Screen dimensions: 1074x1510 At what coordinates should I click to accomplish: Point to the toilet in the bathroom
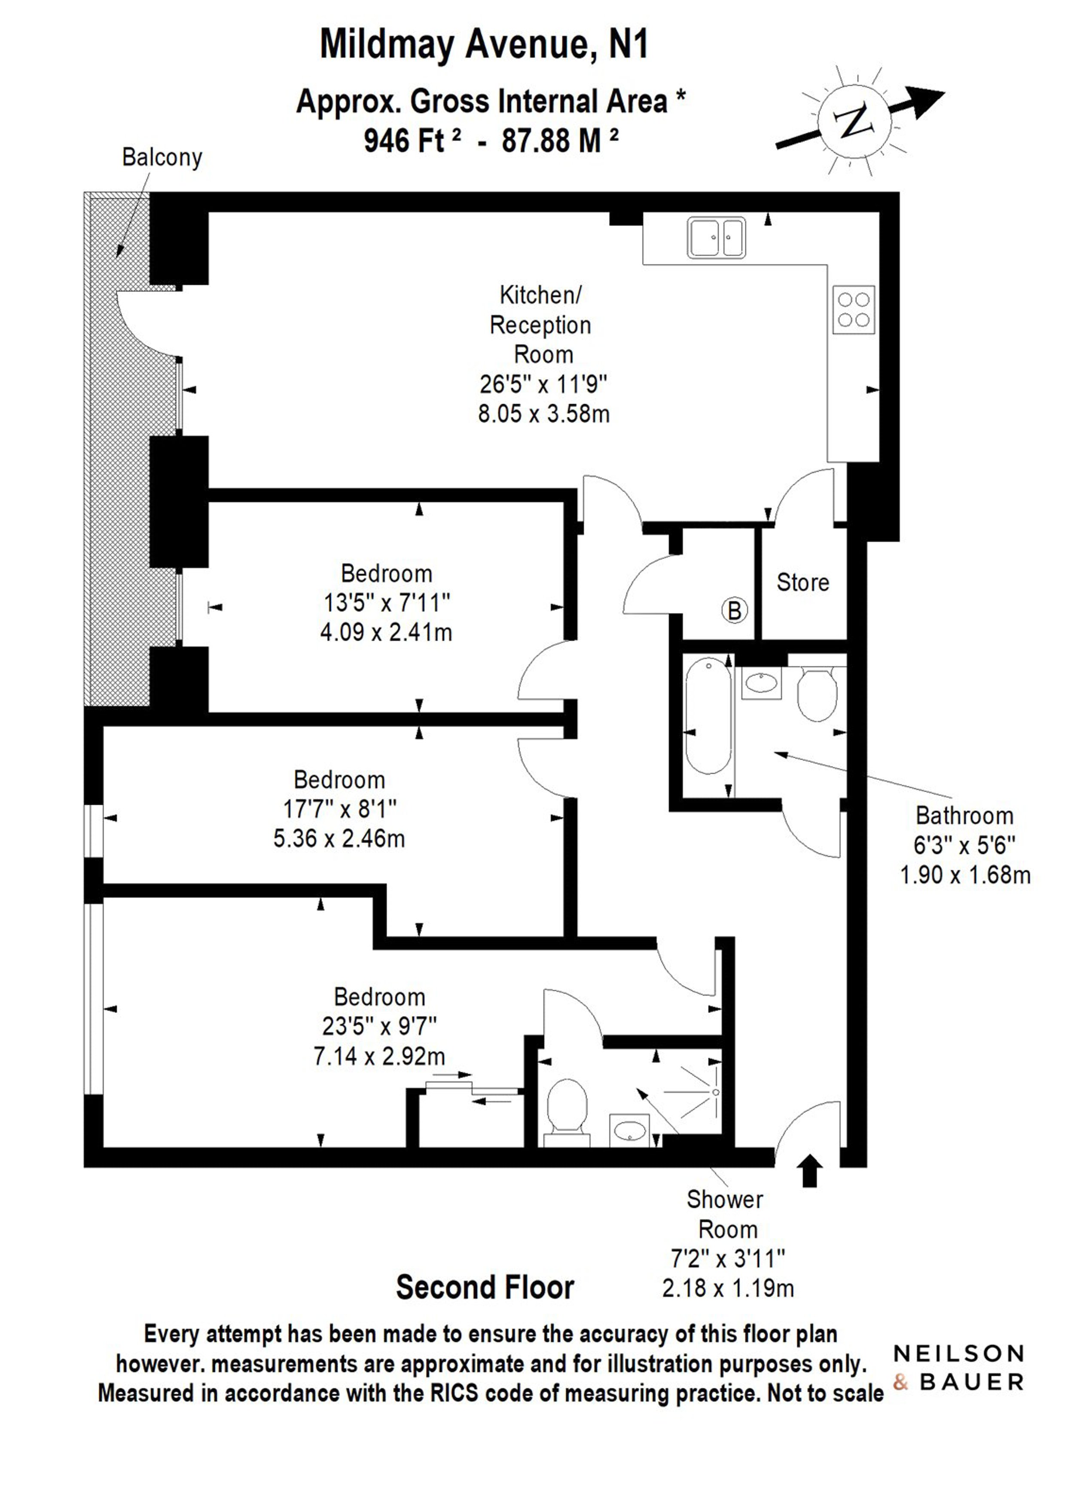coord(818,694)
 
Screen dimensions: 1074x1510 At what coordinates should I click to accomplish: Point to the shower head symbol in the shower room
coord(716,1092)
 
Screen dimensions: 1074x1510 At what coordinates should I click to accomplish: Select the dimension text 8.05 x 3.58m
coord(543,414)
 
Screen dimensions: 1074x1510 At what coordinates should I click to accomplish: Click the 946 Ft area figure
coord(412,140)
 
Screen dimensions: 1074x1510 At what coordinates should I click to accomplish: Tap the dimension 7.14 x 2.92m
coord(379,1056)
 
